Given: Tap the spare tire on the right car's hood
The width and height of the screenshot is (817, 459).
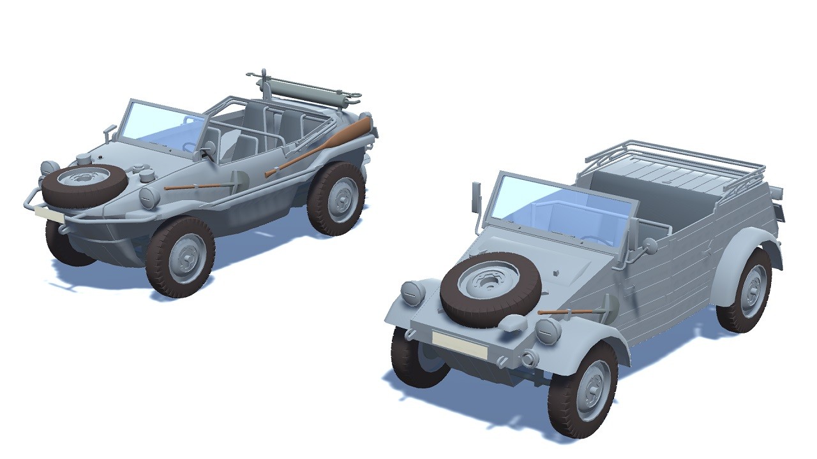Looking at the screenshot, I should [x=490, y=288].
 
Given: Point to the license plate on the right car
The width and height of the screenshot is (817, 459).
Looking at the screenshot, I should [x=459, y=344].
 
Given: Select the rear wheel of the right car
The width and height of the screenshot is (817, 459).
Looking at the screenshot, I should [x=745, y=290].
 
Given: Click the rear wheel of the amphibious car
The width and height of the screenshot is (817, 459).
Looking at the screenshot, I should [x=336, y=198].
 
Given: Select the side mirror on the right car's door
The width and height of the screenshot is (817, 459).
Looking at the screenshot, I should [x=650, y=244].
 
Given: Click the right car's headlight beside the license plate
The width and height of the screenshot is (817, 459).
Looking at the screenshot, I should [x=548, y=331].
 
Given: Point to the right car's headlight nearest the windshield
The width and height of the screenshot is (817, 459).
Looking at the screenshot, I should [x=413, y=293].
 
